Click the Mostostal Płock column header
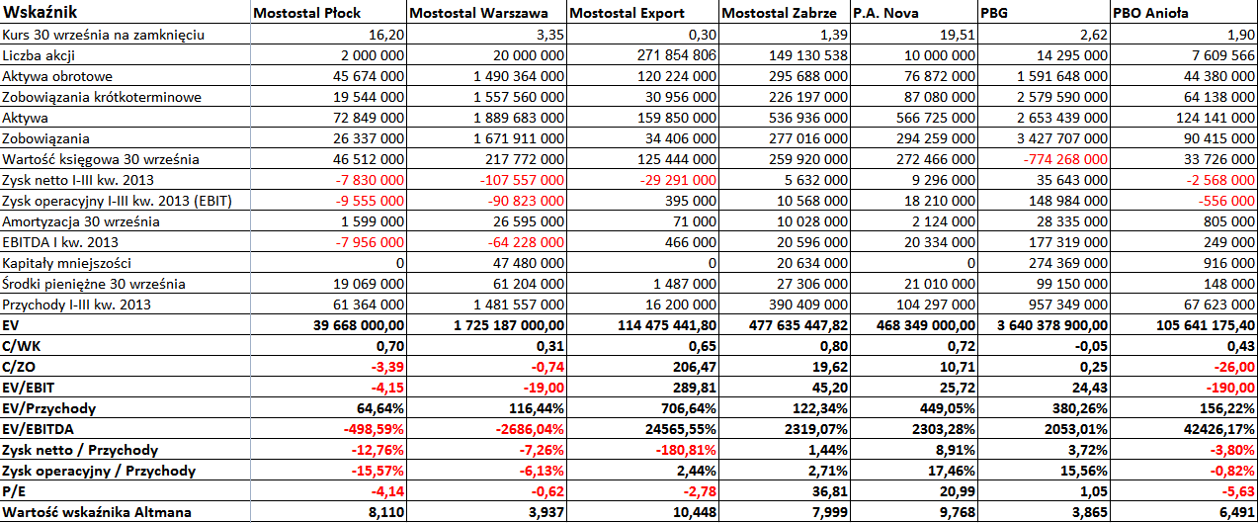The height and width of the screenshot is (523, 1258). click(x=306, y=13)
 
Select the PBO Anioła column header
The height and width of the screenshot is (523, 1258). click(x=1150, y=13)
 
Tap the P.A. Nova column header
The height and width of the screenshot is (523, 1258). click(x=885, y=13)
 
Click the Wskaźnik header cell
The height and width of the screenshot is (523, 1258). click(x=40, y=12)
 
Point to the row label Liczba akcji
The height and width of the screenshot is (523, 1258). click(x=39, y=55)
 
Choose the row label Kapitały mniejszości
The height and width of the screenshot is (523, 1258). click(x=66, y=263)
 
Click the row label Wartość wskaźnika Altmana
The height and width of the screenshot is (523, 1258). click(x=97, y=512)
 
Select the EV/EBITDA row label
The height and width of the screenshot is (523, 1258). click(x=38, y=429)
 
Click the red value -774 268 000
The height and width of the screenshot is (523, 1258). click(x=1065, y=159)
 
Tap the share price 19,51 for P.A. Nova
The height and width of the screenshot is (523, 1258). click(x=958, y=35)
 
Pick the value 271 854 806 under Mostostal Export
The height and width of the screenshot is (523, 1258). click(x=677, y=55)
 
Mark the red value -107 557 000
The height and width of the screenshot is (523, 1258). click(x=522, y=180)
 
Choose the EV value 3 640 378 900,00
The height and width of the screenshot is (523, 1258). click(x=1052, y=325)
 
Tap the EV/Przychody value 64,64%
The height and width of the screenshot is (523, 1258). click(x=380, y=408)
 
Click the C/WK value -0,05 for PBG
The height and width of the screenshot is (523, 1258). click(x=1091, y=346)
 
